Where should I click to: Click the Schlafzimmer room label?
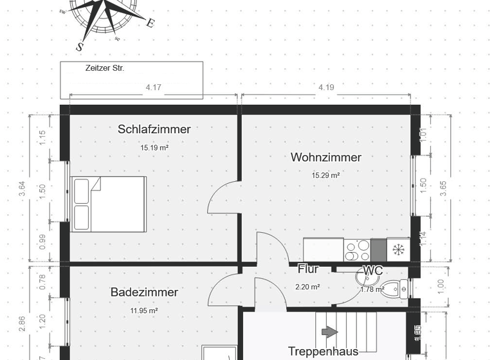click(154, 129)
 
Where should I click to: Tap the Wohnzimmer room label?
click(325, 157)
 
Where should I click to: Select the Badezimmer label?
click(144, 292)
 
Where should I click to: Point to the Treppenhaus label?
click(323, 351)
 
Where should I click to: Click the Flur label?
click(308, 269)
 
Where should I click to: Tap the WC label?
click(374, 271)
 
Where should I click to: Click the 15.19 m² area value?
click(154, 147)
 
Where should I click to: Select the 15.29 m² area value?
click(325, 175)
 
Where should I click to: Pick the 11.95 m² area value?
click(144, 310)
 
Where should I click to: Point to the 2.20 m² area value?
click(307, 287)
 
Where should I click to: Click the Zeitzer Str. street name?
click(104, 67)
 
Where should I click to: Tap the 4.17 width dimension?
click(153, 87)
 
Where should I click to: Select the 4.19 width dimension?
click(325, 87)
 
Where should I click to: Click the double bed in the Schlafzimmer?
click(109, 204)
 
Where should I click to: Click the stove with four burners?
click(357, 249)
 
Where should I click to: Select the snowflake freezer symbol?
click(398, 249)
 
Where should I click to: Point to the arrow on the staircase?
click(329, 332)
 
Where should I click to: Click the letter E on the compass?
click(150, 23)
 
